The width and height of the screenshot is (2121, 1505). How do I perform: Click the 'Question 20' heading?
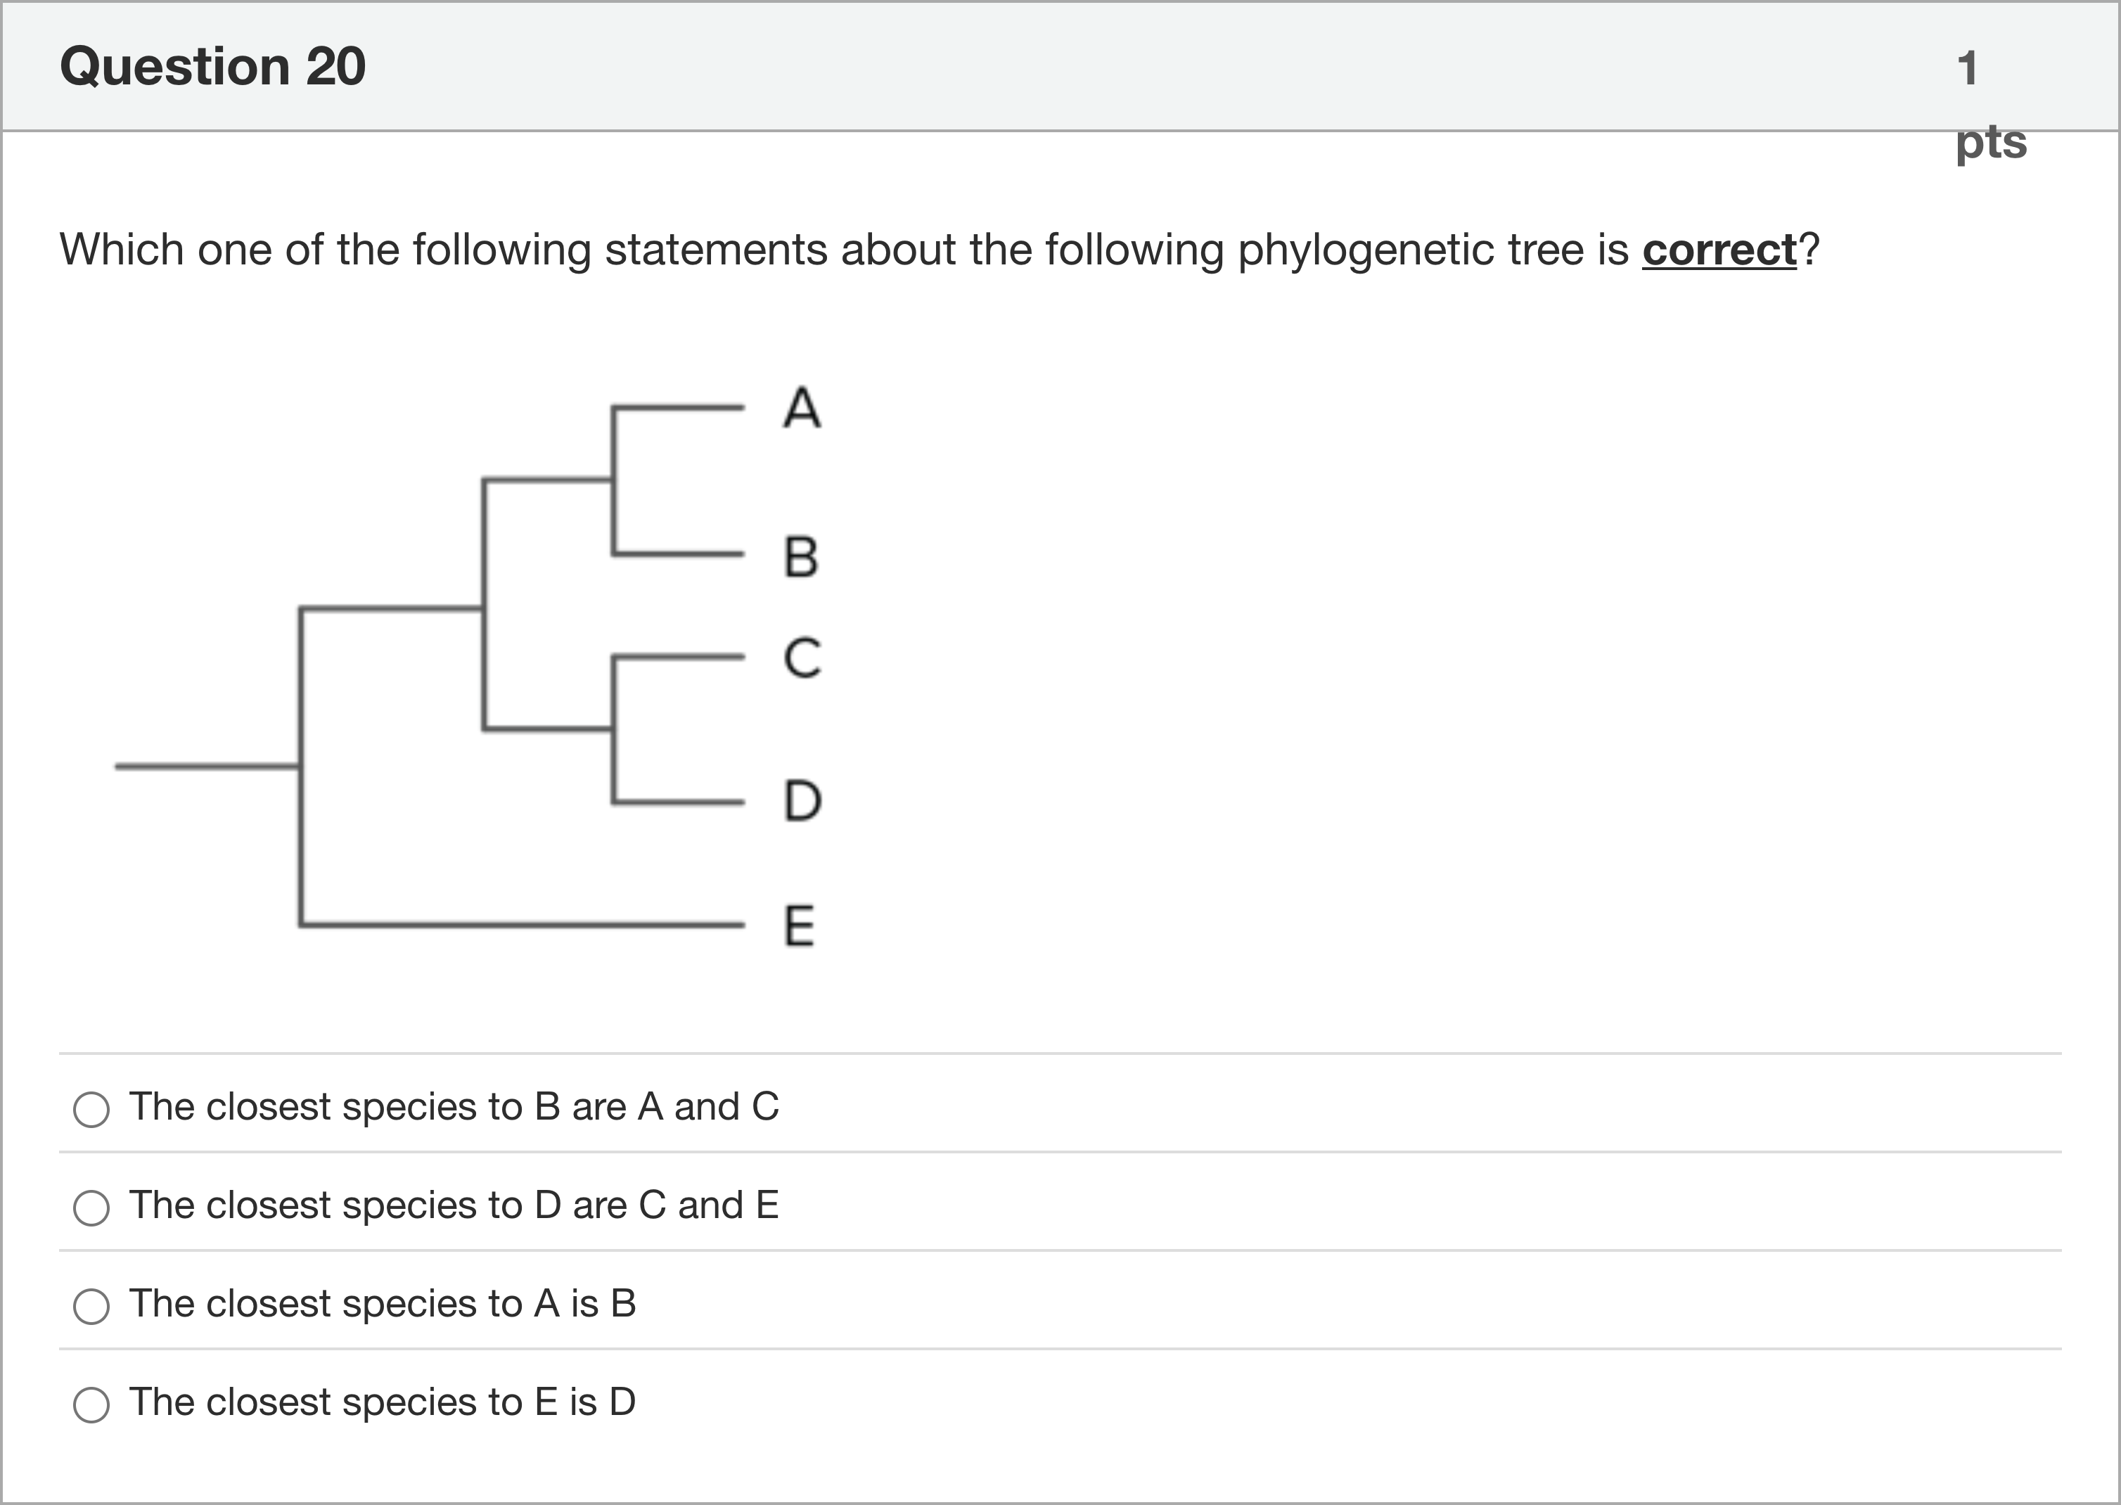pos(213,67)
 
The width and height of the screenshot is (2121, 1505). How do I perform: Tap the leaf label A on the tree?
pos(802,408)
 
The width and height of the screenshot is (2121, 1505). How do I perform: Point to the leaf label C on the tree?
pos(802,658)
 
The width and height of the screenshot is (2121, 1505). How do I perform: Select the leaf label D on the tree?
pos(802,801)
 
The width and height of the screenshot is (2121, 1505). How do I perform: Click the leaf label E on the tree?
pos(800,925)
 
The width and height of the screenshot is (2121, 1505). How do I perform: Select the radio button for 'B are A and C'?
pos(91,1109)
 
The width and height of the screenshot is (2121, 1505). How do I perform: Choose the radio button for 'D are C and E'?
pos(91,1208)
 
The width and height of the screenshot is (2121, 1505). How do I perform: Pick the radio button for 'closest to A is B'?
pos(91,1306)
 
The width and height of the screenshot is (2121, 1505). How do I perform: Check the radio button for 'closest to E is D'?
pos(91,1404)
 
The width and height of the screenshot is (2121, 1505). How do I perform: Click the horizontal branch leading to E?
pos(523,924)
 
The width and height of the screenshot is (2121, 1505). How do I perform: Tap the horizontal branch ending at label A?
pos(678,406)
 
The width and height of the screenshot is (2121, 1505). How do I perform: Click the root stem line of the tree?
pos(207,767)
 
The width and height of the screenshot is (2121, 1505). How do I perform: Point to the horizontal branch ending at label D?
pos(678,802)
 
